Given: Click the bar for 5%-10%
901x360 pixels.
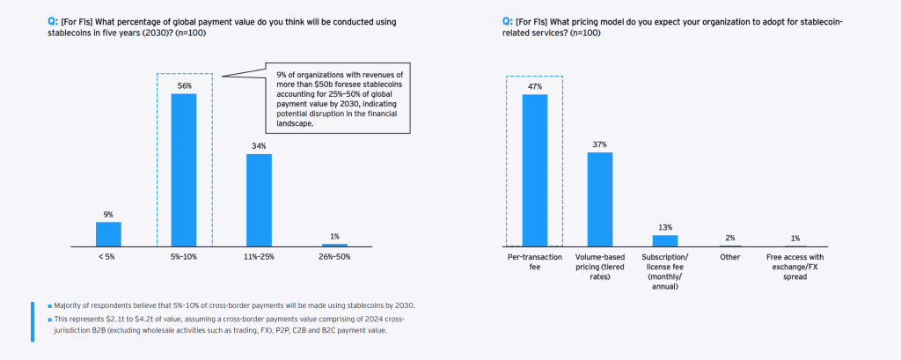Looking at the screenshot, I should (x=183, y=169).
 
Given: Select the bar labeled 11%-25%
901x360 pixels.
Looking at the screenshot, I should (x=259, y=200).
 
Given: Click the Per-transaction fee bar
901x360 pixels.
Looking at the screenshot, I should (x=535, y=169).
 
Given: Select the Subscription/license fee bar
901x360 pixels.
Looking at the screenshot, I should (x=665, y=239).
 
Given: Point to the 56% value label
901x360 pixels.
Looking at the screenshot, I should (x=183, y=84).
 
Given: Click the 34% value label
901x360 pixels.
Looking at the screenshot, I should (x=259, y=146).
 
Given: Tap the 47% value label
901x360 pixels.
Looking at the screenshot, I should (x=535, y=85).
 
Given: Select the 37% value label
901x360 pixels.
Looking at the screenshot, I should (x=600, y=144).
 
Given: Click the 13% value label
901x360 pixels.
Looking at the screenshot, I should (x=665, y=227).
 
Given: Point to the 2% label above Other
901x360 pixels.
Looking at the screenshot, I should (x=730, y=238).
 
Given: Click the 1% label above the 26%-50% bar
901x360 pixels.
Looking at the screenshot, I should (x=334, y=236).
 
